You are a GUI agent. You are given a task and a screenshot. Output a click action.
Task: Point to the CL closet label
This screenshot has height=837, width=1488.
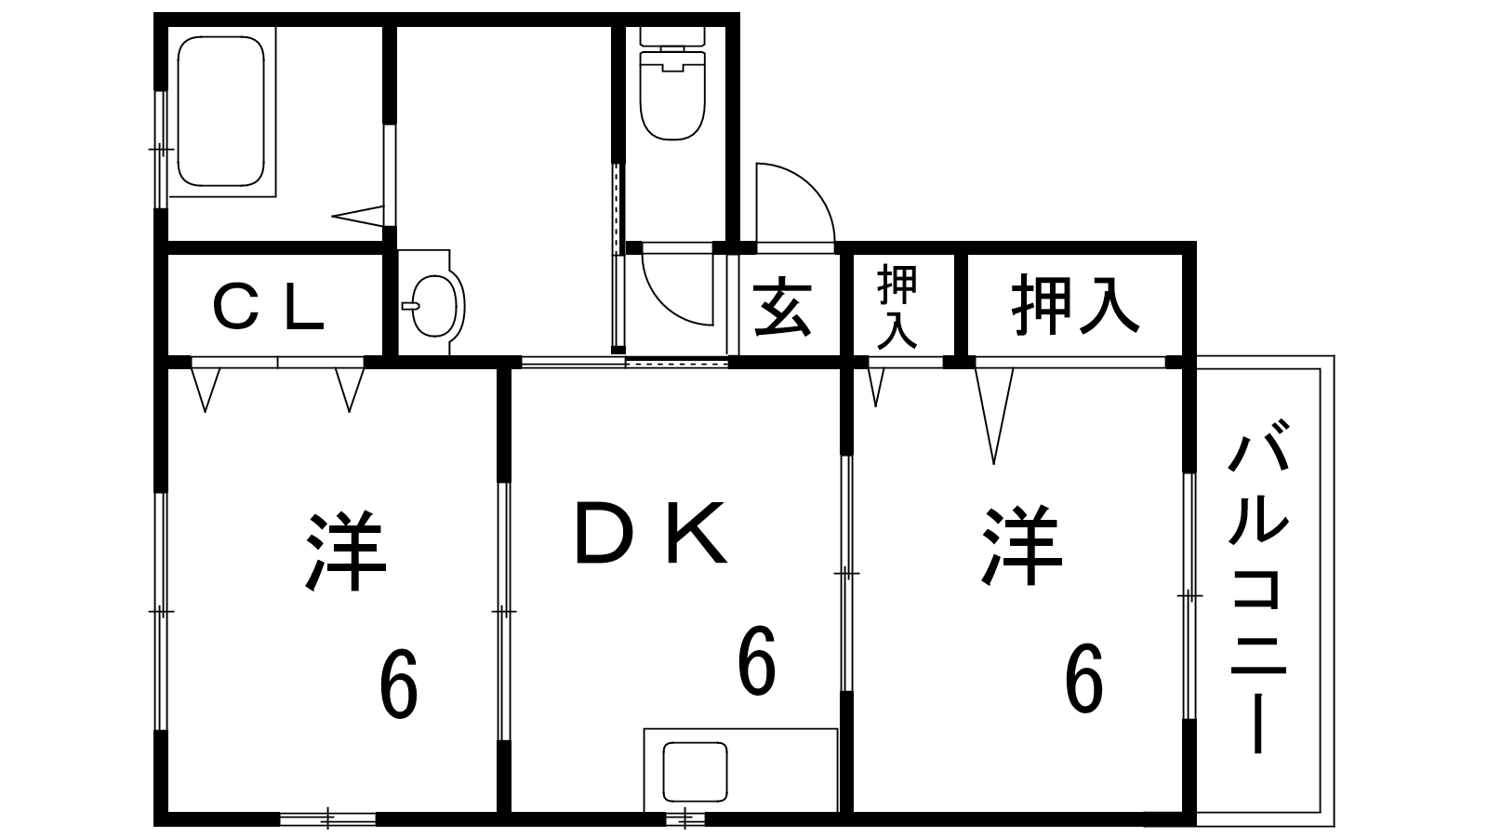point(268,307)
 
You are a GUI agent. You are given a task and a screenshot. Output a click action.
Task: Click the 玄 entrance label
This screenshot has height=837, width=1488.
point(781,307)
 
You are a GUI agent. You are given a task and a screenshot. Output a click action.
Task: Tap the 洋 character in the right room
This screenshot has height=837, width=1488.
point(1020,545)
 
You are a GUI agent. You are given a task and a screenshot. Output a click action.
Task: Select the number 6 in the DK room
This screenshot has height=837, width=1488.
point(755,662)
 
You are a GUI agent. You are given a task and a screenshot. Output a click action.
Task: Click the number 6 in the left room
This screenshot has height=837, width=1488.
point(398,685)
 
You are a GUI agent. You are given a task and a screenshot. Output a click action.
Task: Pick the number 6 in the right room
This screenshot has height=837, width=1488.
point(1083,679)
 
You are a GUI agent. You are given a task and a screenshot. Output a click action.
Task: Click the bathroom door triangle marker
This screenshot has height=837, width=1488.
point(358,216)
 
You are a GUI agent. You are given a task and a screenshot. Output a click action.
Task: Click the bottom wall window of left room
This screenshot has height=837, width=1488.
point(327,818)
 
